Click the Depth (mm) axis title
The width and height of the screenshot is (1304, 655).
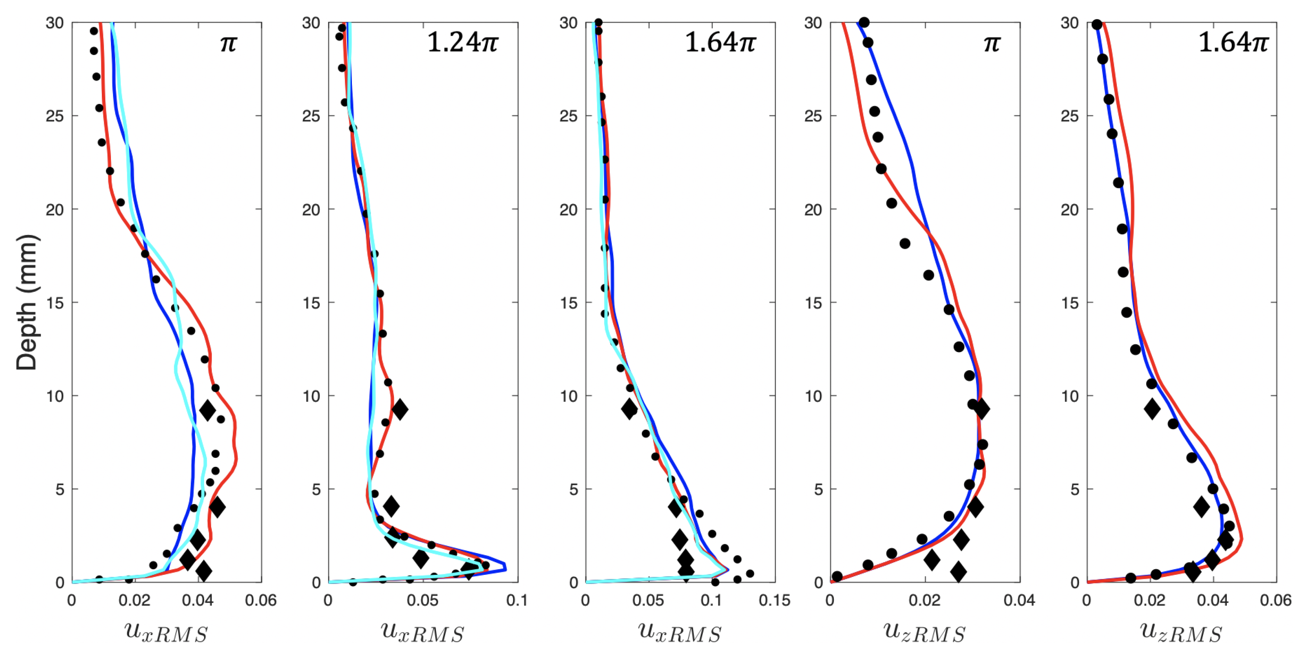(26, 302)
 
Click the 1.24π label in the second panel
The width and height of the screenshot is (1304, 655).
(462, 42)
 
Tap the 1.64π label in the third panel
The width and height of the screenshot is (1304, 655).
(719, 42)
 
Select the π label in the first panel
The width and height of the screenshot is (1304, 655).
(228, 43)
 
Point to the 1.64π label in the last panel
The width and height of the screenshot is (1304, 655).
(1232, 42)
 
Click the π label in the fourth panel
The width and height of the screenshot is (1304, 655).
(992, 43)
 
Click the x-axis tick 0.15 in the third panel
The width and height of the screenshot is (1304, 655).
(774, 600)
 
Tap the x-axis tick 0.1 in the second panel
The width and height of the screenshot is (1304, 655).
(516, 600)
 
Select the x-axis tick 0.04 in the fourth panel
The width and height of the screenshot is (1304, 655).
(1019, 600)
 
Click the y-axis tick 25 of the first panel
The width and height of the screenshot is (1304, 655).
(55, 116)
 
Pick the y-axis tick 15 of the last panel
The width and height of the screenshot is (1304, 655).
(1070, 303)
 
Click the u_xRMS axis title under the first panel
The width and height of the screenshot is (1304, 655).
(166, 632)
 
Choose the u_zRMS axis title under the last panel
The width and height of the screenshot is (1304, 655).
(1180, 632)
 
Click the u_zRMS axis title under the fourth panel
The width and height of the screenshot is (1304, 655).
(924, 632)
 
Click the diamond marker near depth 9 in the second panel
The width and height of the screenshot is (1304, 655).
(400, 409)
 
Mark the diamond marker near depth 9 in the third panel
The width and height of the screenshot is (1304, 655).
(629, 408)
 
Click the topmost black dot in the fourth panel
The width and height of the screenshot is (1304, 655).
(864, 22)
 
